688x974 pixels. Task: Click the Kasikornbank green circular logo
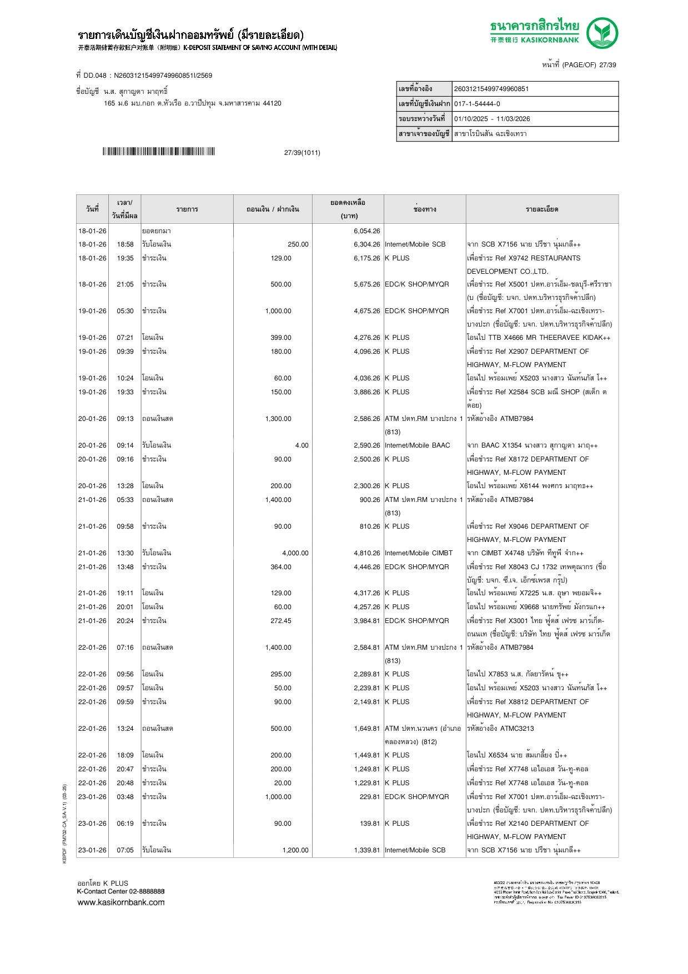click(602, 33)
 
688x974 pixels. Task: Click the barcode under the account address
click(158, 152)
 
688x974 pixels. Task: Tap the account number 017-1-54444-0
click(477, 104)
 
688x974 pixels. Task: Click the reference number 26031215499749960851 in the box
click(491, 89)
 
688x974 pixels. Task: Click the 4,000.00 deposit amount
click(295, 553)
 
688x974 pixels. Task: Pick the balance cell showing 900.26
click(370, 500)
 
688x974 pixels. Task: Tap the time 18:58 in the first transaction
click(125, 244)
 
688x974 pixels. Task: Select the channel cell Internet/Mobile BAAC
click(417, 445)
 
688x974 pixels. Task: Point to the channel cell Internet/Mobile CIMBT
click(419, 553)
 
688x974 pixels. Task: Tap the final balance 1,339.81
click(366, 850)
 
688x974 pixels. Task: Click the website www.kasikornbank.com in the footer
click(120, 902)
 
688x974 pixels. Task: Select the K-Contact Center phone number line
click(120, 891)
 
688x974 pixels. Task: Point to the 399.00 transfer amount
click(280, 338)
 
